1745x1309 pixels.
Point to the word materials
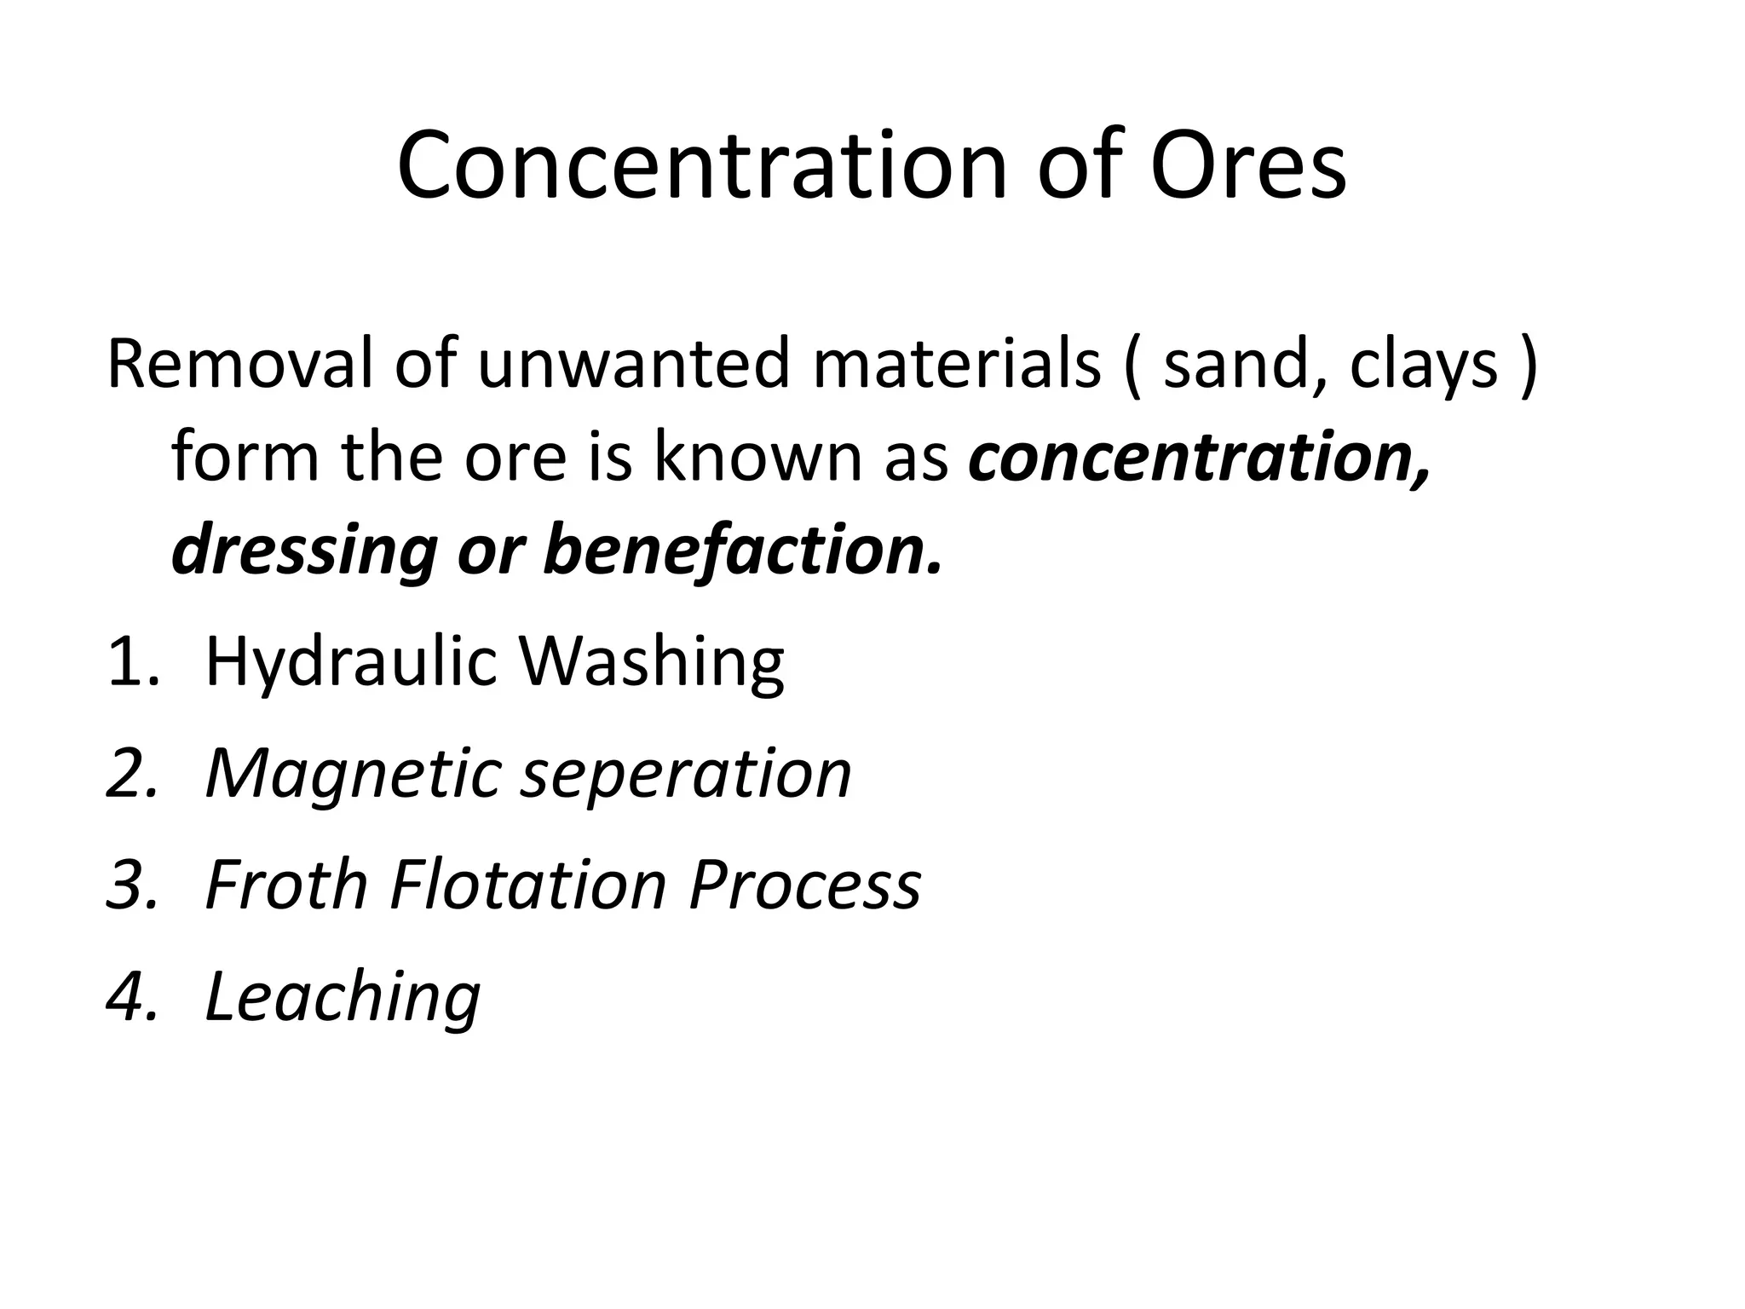tap(957, 364)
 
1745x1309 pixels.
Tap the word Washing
tap(652, 662)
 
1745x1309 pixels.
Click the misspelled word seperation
tap(686, 775)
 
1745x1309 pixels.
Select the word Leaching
tap(343, 996)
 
